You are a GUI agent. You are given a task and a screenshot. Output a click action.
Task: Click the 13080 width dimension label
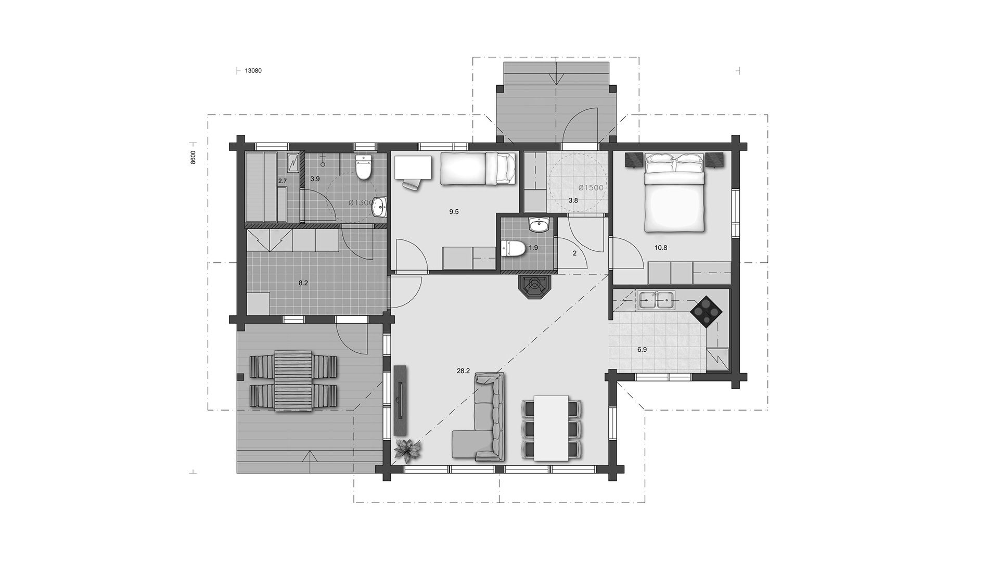click(253, 71)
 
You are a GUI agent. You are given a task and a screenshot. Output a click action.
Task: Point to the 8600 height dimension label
click(193, 157)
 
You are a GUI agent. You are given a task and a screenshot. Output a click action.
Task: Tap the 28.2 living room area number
click(463, 371)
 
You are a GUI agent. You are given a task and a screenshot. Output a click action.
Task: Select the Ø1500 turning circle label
click(591, 187)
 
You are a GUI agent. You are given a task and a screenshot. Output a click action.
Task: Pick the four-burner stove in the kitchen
click(707, 311)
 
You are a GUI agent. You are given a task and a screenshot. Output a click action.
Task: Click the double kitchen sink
click(655, 300)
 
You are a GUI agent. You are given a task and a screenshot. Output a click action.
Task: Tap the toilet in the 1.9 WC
click(513, 248)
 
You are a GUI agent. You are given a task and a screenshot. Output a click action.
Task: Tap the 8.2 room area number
click(303, 283)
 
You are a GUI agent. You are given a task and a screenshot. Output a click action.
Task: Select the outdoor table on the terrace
click(293, 382)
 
